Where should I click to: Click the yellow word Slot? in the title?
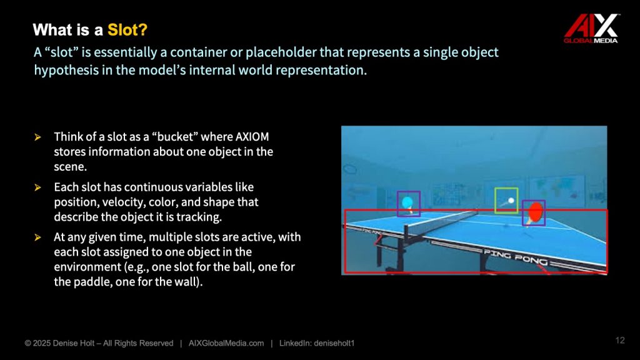127,30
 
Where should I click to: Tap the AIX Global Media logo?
591,28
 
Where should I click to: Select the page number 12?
620,341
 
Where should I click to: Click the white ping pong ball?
511,201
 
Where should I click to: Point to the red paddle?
535,212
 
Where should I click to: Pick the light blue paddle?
407,203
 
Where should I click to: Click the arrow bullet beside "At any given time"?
38,237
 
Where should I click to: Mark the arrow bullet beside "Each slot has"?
38,187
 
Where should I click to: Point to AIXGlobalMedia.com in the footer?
226,343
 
